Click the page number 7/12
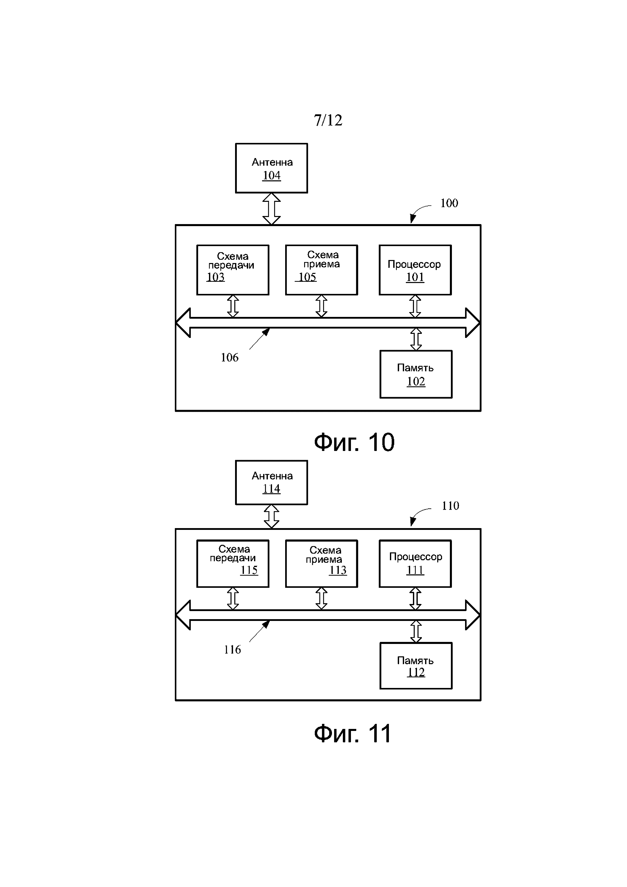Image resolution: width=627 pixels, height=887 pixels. coord(328,121)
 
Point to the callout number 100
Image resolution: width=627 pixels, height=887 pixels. coord(449,203)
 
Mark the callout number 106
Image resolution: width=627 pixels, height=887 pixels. coord(229,358)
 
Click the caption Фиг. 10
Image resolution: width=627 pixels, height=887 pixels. coord(354,442)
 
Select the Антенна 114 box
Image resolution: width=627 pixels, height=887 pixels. coord(271,483)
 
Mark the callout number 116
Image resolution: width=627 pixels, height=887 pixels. coord(232,650)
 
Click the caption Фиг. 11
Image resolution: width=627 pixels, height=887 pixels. coord(352,734)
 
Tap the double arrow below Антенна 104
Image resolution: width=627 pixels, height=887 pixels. coord(271,209)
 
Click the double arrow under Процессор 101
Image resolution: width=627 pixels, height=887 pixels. coord(415,306)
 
